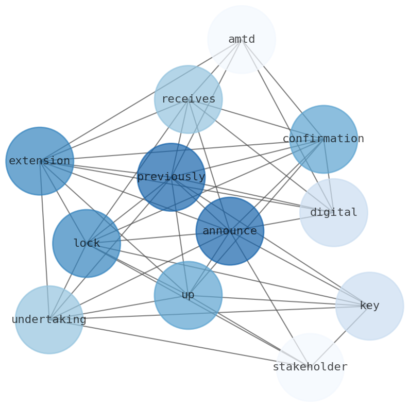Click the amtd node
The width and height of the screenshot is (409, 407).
pos(242,39)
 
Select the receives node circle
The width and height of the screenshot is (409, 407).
pos(188,99)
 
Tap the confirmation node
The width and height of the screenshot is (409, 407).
pos(323,139)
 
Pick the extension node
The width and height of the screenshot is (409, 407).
pos(40,161)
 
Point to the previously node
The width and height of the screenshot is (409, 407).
pos(171,177)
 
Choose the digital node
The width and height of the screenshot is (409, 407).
pos(334,212)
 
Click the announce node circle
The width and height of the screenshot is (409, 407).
pos(230,231)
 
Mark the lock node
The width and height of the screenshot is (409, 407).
pos(87,243)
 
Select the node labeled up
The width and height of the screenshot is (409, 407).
pos(188,295)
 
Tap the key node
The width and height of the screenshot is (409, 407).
pos(369,306)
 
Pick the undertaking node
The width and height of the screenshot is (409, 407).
pos(49,319)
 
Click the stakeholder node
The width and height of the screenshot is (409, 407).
pos(310,367)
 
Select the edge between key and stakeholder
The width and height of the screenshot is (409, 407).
pos(339,336)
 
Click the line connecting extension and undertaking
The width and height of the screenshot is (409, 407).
pos(44,240)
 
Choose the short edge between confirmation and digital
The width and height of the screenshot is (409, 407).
pos(329,176)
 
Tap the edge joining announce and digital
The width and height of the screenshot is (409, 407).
pos(282,222)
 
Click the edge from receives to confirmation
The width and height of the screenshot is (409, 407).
pos(255,119)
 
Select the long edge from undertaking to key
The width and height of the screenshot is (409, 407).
pos(209,313)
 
